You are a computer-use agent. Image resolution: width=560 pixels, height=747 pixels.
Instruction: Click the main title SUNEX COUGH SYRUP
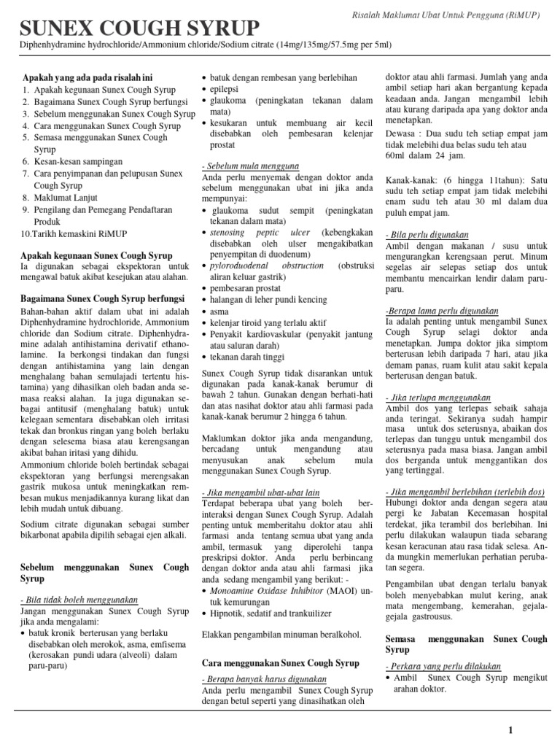pyautogui.click(x=139, y=28)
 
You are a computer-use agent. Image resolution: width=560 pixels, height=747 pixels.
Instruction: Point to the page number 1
pyautogui.click(x=510, y=729)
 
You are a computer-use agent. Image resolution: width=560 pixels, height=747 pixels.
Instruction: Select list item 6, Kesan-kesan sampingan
pyautogui.click(x=78, y=161)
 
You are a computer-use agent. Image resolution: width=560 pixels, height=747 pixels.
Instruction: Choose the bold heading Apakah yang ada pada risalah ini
pyautogui.click(x=87, y=77)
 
